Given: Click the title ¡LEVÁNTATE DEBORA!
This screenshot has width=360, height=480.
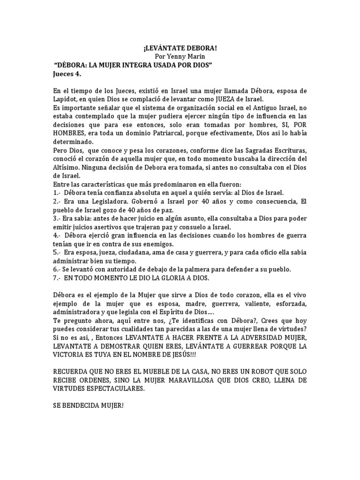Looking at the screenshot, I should (180, 48).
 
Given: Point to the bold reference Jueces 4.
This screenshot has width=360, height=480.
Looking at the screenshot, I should (68, 73).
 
